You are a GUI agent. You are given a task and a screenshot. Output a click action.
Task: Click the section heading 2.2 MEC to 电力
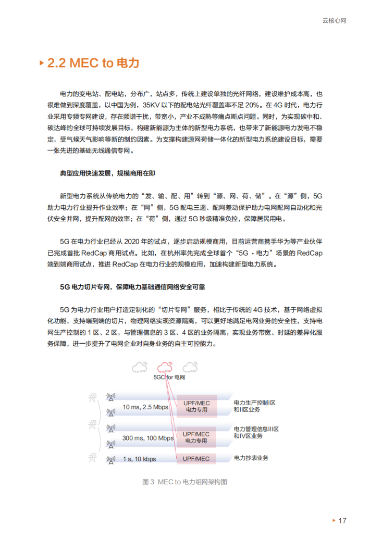pyautogui.click(x=93, y=64)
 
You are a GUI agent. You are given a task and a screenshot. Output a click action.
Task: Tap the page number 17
pyautogui.click(x=342, y=521)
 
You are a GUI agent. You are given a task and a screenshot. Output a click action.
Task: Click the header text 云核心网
pyautogui.click(x=335, y=21)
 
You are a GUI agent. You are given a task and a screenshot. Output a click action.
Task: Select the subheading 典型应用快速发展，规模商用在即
pyautogui.click(x=107, y=173)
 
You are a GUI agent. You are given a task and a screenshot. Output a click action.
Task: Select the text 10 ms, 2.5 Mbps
pyautogui.click(x=145, y=407)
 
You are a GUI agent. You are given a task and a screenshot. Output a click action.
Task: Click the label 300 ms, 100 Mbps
pyautogui.click(x=148, y=438)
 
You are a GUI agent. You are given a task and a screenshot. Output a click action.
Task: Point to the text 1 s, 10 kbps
pyautogui.click(x=139, y=459)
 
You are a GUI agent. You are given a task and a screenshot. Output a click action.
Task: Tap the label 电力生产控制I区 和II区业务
pyautogui.click(x=254, y=406)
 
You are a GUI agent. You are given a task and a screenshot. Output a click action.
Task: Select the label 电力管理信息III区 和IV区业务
pyautogui.click(x=256, y=432)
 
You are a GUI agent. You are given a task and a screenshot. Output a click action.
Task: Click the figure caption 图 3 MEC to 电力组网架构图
pyautogui.click(x=184, y=482)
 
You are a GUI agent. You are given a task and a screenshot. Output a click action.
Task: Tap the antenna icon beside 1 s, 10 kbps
pyautogui.click(x=110, y=459)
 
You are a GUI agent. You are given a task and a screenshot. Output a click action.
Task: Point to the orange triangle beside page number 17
pyautogui.click(x=334, y=521)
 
